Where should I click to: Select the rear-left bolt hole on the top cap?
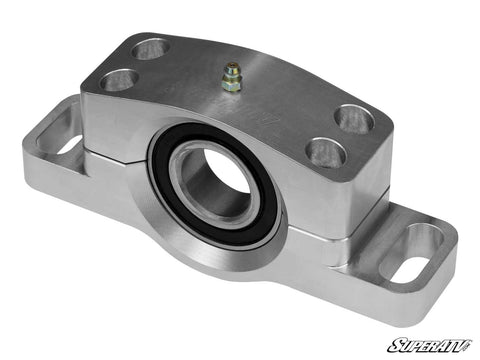pyautogui.click(x=152, y=47)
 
